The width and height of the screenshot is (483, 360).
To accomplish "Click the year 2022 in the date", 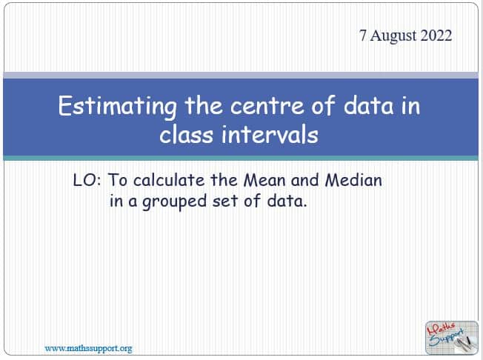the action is coord(436,36).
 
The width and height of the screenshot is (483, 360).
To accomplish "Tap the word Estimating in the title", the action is coord(117,107).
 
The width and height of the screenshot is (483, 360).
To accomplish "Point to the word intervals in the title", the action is coord(270,134).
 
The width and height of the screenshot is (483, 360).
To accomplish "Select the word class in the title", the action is coord(187,135).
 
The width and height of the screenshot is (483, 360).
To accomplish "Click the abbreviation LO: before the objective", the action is coord(87,180).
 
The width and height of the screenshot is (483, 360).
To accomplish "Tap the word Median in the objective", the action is coord(353,180).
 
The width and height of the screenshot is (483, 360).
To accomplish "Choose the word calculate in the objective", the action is coord(169,180).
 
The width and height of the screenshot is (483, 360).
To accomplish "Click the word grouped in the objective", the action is coord(174,201).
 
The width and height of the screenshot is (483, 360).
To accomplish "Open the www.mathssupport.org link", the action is coord(88,349).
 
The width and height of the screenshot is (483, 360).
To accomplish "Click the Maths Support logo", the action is coord(452,338).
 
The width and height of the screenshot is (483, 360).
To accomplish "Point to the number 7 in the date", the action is coord(363,36).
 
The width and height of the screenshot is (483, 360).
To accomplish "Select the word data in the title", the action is coord(368,106).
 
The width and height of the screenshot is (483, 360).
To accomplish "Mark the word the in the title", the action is coord(204,106).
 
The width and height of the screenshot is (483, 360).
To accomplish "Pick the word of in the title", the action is coord(323,105).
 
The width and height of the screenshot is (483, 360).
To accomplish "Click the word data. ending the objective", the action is coord(287,201).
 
